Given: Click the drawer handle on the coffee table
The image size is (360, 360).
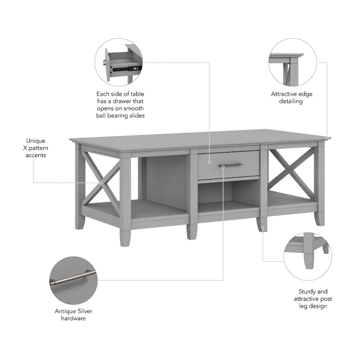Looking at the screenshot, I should pos(230,165).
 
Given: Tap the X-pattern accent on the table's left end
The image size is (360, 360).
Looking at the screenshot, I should pos(100,183).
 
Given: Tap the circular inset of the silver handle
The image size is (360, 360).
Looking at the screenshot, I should pos(73,280).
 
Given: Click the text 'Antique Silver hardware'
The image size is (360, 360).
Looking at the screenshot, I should pos(73,315).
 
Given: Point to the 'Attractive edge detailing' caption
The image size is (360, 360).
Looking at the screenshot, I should pos(291,98).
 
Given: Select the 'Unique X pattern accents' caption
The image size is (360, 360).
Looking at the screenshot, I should pos(36,148).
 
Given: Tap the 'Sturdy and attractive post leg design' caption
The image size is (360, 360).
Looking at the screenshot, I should pos(310,299).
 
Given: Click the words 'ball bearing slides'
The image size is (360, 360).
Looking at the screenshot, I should pos(120,116).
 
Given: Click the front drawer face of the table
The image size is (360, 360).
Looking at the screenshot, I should pos(228,165).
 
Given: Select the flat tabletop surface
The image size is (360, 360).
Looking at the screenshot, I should pos(198,138).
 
